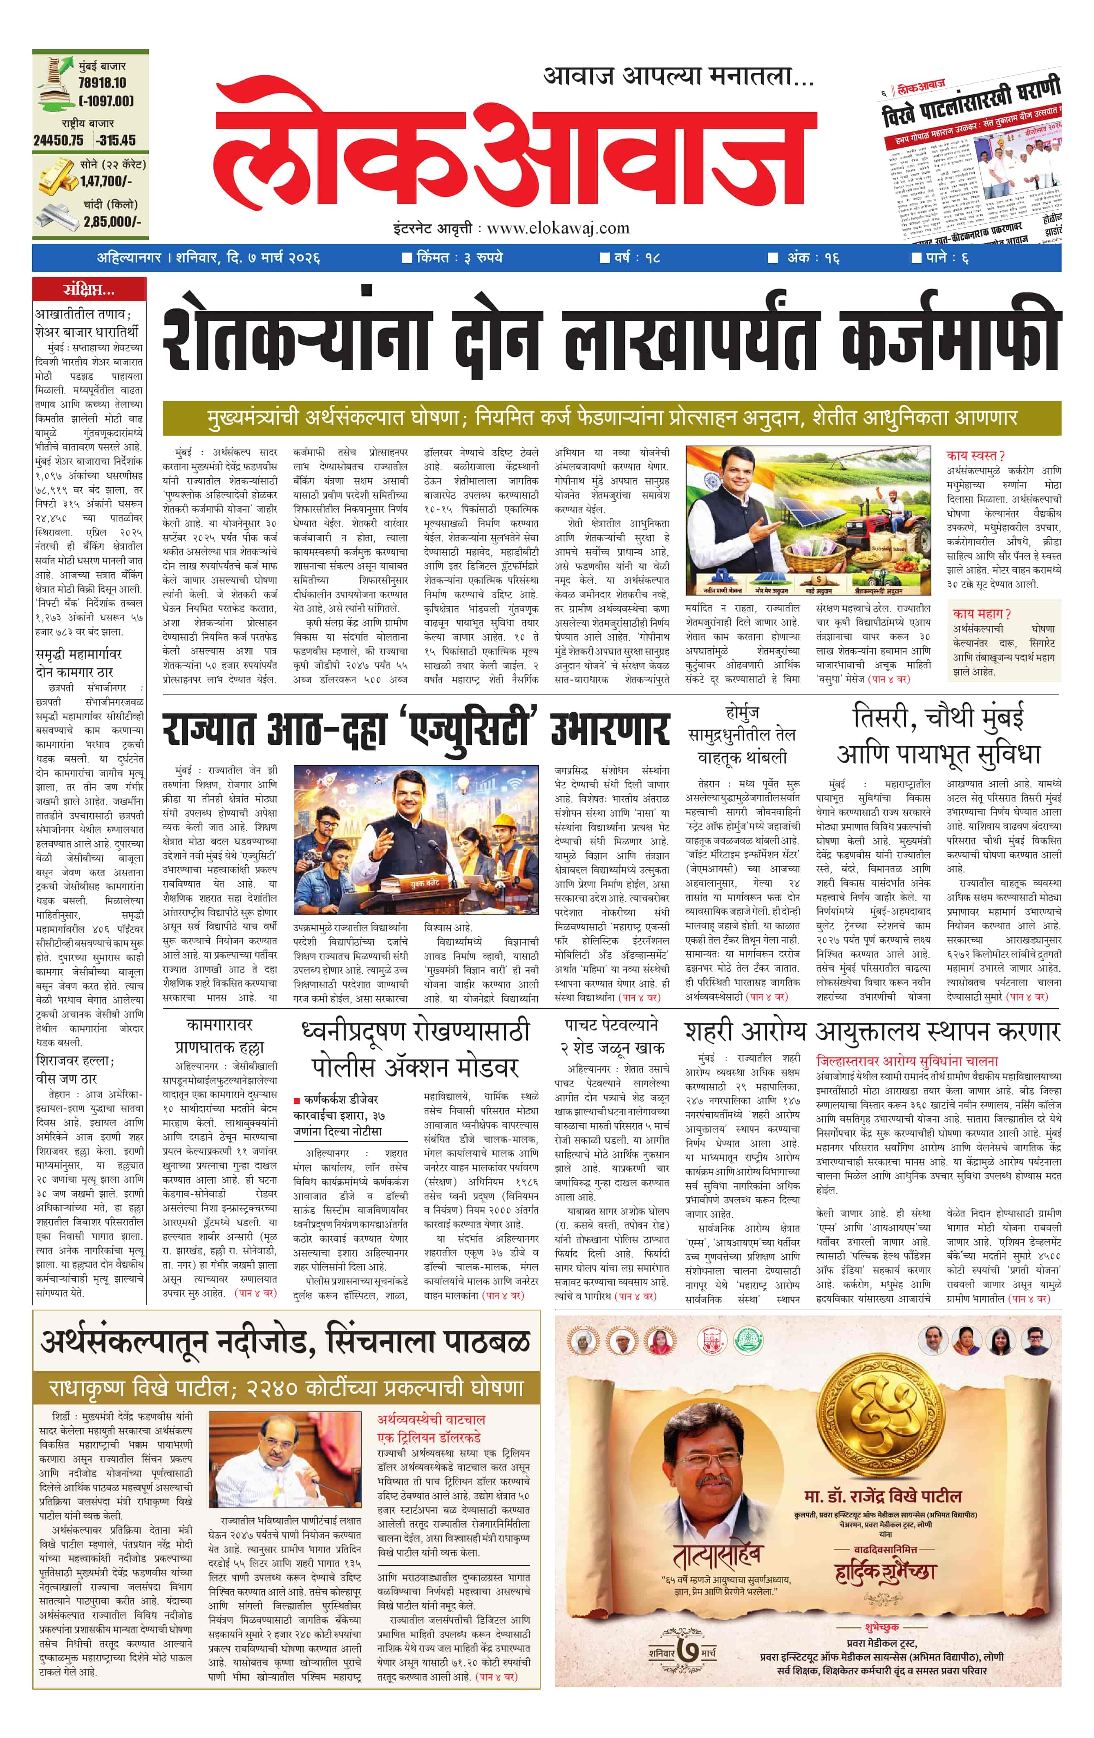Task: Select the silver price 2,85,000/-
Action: (112, 222)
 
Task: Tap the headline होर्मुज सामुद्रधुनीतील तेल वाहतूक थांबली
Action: (741, 735)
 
